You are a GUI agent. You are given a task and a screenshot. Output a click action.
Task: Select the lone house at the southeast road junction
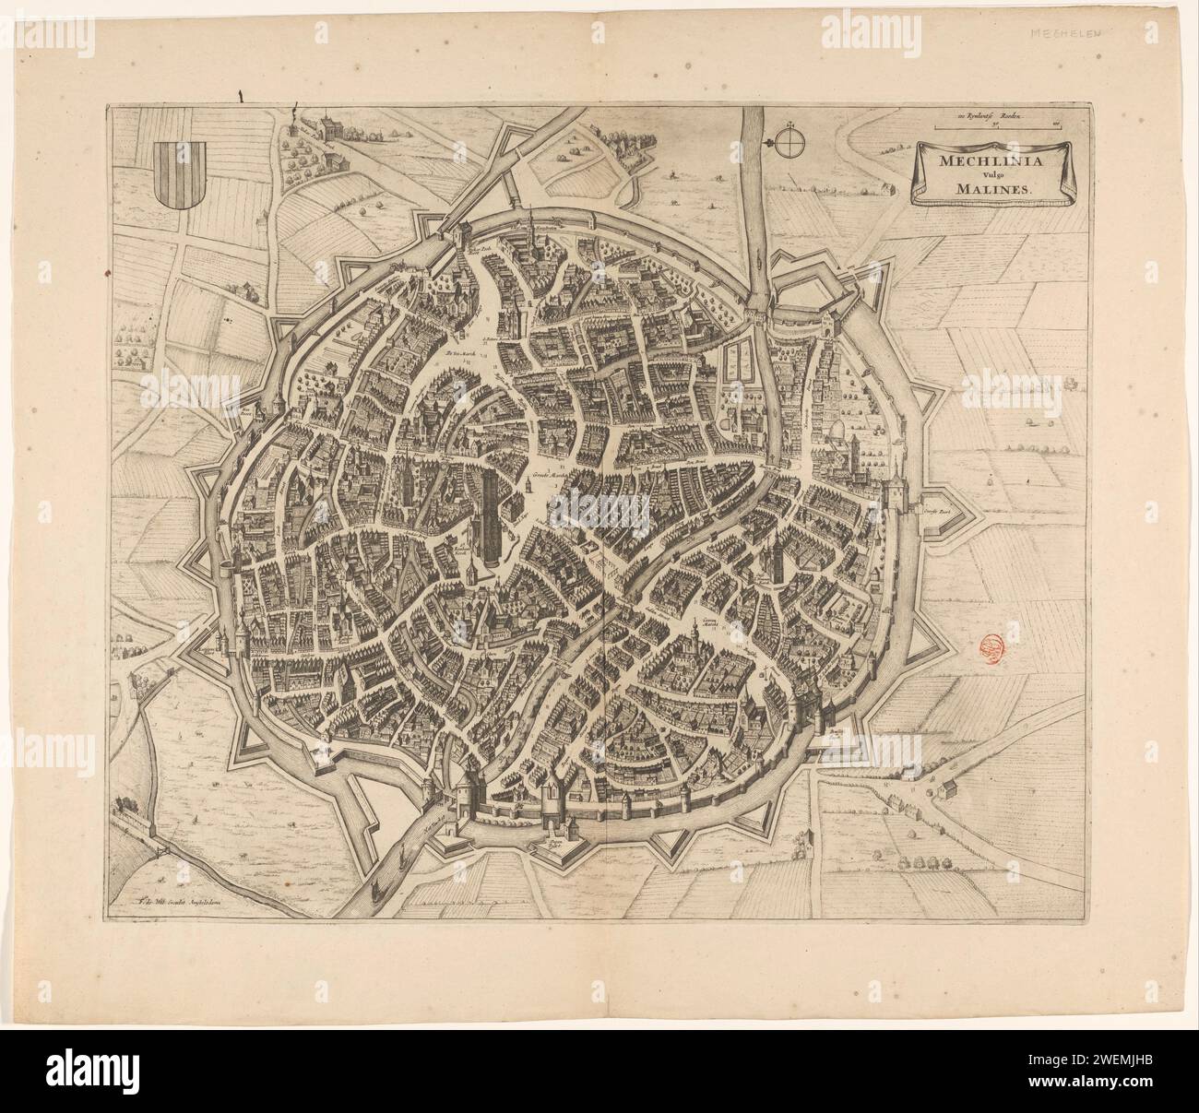click(944, 788)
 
